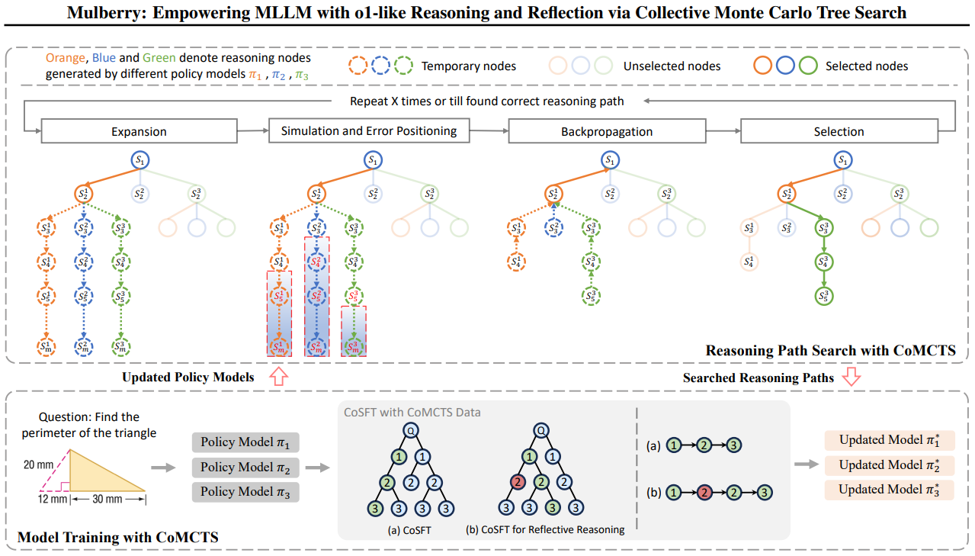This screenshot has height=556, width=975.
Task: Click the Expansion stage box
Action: click(x=139, y=131)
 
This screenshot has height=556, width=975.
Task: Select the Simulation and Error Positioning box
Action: click(x=369, y=130)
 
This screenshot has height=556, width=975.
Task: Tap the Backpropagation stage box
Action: click(x=606, y=131)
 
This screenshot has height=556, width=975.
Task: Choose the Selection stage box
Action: click(x=839, y=131)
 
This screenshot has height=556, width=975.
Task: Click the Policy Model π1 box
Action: click(x=245, y=442)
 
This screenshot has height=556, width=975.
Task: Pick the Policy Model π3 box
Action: click(x=245, y=492)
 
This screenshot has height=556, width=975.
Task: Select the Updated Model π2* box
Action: click(x=889, y=464)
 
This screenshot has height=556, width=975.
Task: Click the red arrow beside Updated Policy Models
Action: click(x=278, y=377)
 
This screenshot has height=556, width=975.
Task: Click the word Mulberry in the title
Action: click(x=103, y=12)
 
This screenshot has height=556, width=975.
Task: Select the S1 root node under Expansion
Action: click(x=141, y=161)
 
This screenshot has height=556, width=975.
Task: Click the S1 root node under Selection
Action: click(x=842, y=161)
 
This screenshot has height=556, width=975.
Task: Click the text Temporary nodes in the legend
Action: click(x=468, y=66)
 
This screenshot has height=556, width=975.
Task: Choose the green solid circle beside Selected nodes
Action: click(x=808, y=66)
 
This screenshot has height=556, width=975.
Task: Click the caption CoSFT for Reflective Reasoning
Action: click(x=545, y=529)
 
